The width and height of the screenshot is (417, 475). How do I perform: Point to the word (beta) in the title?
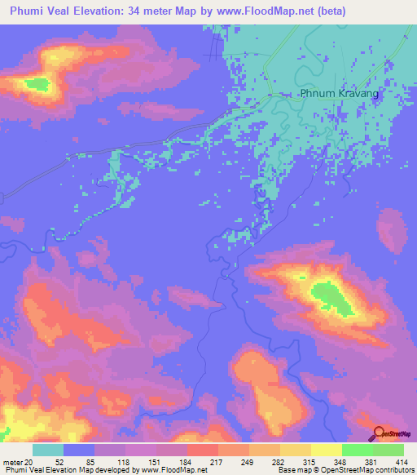325,11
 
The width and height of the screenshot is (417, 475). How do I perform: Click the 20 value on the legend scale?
31,463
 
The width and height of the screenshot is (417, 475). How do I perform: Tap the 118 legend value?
124,463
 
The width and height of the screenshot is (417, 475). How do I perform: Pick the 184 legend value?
186,463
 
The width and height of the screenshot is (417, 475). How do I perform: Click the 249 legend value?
248,463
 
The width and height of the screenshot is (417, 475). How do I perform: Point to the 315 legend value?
309,463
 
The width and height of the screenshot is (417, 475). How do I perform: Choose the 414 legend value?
402,463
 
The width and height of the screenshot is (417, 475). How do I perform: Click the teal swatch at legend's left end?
47,450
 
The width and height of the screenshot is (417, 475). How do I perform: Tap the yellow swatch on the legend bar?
325,450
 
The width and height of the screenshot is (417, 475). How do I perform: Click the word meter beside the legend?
12,463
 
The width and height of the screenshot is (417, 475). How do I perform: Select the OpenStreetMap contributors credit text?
368,470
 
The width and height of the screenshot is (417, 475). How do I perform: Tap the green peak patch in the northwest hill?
36,83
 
